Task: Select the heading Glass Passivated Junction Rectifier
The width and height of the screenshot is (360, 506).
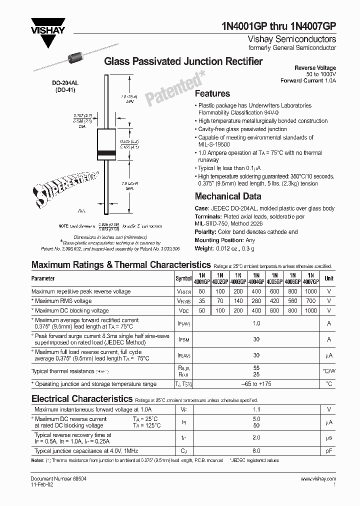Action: coord(182,61)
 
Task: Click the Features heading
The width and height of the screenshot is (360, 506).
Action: coord(212,93)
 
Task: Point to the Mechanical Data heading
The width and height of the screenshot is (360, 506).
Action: coord(227,196)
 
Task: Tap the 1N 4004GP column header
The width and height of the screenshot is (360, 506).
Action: coord(256,278)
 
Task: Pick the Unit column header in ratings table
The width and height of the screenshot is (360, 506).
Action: coord(328,278)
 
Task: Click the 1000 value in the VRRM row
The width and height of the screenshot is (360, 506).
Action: coord(310,291)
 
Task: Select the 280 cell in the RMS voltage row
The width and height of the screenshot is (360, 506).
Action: coord(256,301)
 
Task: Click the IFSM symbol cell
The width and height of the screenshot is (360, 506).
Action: coord(183,339)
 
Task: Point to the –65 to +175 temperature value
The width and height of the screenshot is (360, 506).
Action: coord(256,384)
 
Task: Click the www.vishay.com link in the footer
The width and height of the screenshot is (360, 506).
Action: coord(318,479)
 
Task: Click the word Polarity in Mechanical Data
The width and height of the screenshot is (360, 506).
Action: coord(205,232)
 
